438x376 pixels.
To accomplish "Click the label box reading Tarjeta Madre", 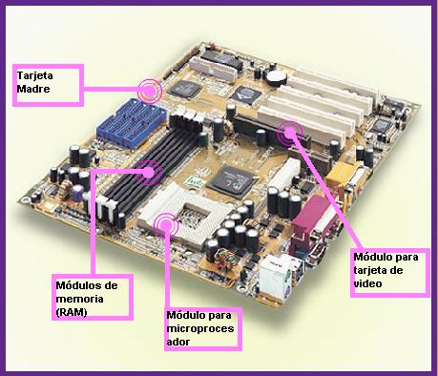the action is (x=48, y=85).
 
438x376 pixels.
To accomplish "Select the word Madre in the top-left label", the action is (x=33, y=89).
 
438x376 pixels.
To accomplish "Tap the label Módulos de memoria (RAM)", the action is (x=93, y=297).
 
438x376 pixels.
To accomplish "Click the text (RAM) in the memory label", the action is (x=72, y=312).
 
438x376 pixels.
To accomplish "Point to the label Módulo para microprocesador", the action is (x=203, y=329).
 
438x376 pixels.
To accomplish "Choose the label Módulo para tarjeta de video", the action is (x=390, y=273).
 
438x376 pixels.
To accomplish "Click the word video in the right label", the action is (x=368, y=283).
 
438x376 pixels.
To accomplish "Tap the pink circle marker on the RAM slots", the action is (x=148, y=172).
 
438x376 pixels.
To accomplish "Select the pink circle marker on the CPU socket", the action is (x=166, y=224).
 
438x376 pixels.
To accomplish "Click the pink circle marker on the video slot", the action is (x=290, y=132).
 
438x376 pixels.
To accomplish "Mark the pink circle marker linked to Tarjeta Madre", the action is (x=150, y=92).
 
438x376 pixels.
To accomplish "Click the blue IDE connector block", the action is (x=132, y=122).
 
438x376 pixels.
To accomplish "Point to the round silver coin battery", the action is (x=277, y=77).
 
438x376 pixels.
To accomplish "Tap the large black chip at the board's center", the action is (x=232, y=181).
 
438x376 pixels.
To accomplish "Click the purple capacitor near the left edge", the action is (x=77, y=193).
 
